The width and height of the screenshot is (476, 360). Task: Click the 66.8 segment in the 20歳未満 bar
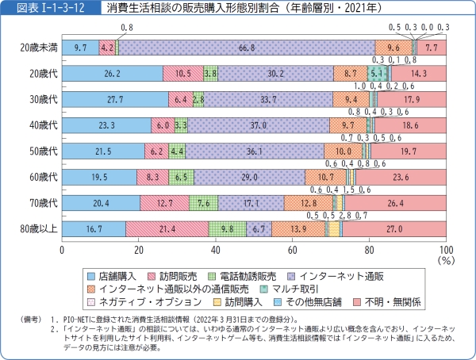coord(248,48)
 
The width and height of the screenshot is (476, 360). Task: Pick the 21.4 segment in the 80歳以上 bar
coord(167,229)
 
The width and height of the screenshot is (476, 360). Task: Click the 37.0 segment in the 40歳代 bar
coord(258,125)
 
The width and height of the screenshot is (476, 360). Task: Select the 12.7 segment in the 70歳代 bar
coord(164,204)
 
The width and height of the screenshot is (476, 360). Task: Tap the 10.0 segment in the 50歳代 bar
coord(343,151)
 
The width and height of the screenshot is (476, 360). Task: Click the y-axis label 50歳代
coord(37,151)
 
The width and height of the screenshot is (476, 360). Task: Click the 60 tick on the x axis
coord(292,250)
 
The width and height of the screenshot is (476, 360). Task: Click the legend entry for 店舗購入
coord(116,275)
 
